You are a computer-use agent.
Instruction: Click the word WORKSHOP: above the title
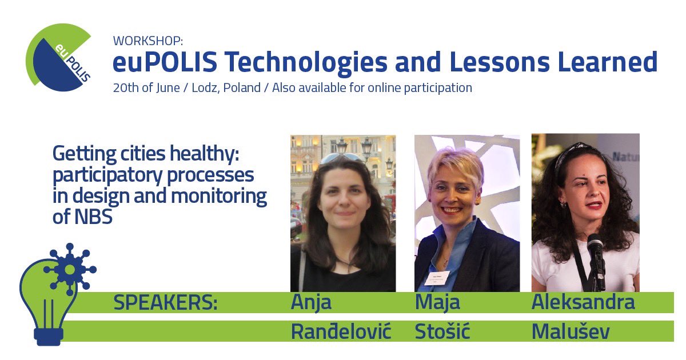click(x=147, y=41)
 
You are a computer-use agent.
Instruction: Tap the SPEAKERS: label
click(x=166, y=303)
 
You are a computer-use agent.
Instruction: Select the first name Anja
click(x=311, y=303)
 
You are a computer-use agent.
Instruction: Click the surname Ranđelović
click(x=341, y=331)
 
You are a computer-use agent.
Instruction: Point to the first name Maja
click(x=437, y=303)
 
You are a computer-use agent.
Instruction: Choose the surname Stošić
click(x=442, y=331)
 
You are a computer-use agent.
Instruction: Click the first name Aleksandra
click(x=583, y=303)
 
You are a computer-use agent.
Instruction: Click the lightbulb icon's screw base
click(x=48, y=336)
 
